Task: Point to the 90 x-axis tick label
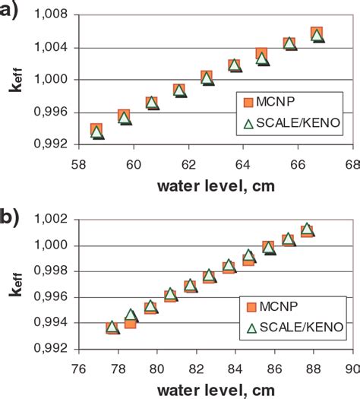tap(351, 366)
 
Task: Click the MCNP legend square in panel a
tap(248, 102)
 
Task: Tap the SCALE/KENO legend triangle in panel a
tap(248, 123)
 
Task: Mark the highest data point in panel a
tap(317, 34)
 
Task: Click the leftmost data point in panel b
tap(112, 328)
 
